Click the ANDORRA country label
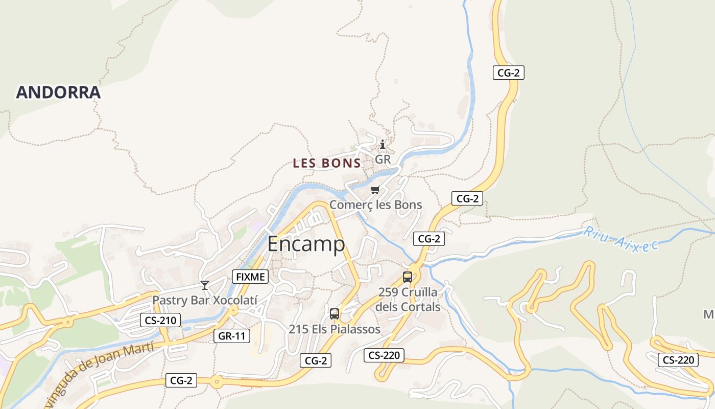[x=58, y=93]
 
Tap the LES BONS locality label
[x=327, y=164]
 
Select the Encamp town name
[x=306, y=244]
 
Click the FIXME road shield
[x=250, y=277]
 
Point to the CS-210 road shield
[x=160, y=321]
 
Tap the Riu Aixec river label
[x=621, y=239]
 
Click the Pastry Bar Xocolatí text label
[x=205, y=300]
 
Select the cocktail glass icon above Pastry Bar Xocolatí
[x=205, y=285]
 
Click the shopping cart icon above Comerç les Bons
[x=375, y=190]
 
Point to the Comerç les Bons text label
[x=375, y=205]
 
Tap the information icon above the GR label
[x=383, y=145]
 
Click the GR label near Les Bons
[x=383, y=160]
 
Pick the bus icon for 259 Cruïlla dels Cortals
[x=408, y=277]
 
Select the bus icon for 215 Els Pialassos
[x=335, y=314]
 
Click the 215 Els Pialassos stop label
[x=335, y=329]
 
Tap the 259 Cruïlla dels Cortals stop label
[x=408, y=300]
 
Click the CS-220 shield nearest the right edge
[x=678, y=360]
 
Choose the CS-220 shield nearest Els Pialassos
[x=384, y=355]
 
